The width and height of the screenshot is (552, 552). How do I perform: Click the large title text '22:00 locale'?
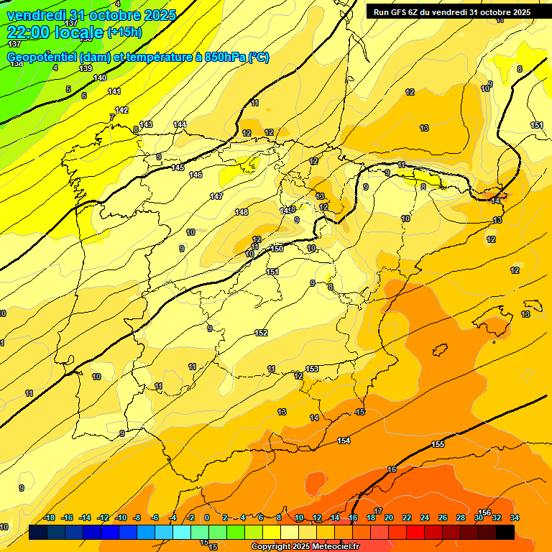tap(55, 32)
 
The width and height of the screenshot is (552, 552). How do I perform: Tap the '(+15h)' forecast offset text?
tap(125, 32)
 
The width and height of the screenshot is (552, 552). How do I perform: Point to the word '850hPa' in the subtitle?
tap(224, 57)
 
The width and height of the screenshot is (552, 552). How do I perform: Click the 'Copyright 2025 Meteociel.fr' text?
tap(305, 547)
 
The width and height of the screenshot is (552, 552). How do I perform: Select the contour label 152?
tap(261, 333)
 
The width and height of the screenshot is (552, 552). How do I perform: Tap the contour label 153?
tap(312, 369)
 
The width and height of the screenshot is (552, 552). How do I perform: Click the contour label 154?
tap(344, 441)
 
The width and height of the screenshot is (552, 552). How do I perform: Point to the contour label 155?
tap(438, 445)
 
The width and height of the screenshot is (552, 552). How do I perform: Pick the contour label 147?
tap(216, 196)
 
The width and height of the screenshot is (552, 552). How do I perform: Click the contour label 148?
tap(241, 212)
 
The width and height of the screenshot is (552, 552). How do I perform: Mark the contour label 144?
tap(180, 124)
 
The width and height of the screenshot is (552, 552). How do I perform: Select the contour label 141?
tap(114, 91)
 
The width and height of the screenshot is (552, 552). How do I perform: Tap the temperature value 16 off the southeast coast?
tap(392, 469)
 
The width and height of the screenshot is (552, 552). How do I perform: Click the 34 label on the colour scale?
tap(515, 517)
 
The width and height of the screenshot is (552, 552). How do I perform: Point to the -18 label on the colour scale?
tap(49, 517)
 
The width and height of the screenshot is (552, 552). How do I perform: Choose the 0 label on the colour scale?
tap(207, 517)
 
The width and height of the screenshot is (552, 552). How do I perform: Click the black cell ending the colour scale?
tap(505, 532)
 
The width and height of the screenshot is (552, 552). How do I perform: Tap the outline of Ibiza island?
tap(440, 351)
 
